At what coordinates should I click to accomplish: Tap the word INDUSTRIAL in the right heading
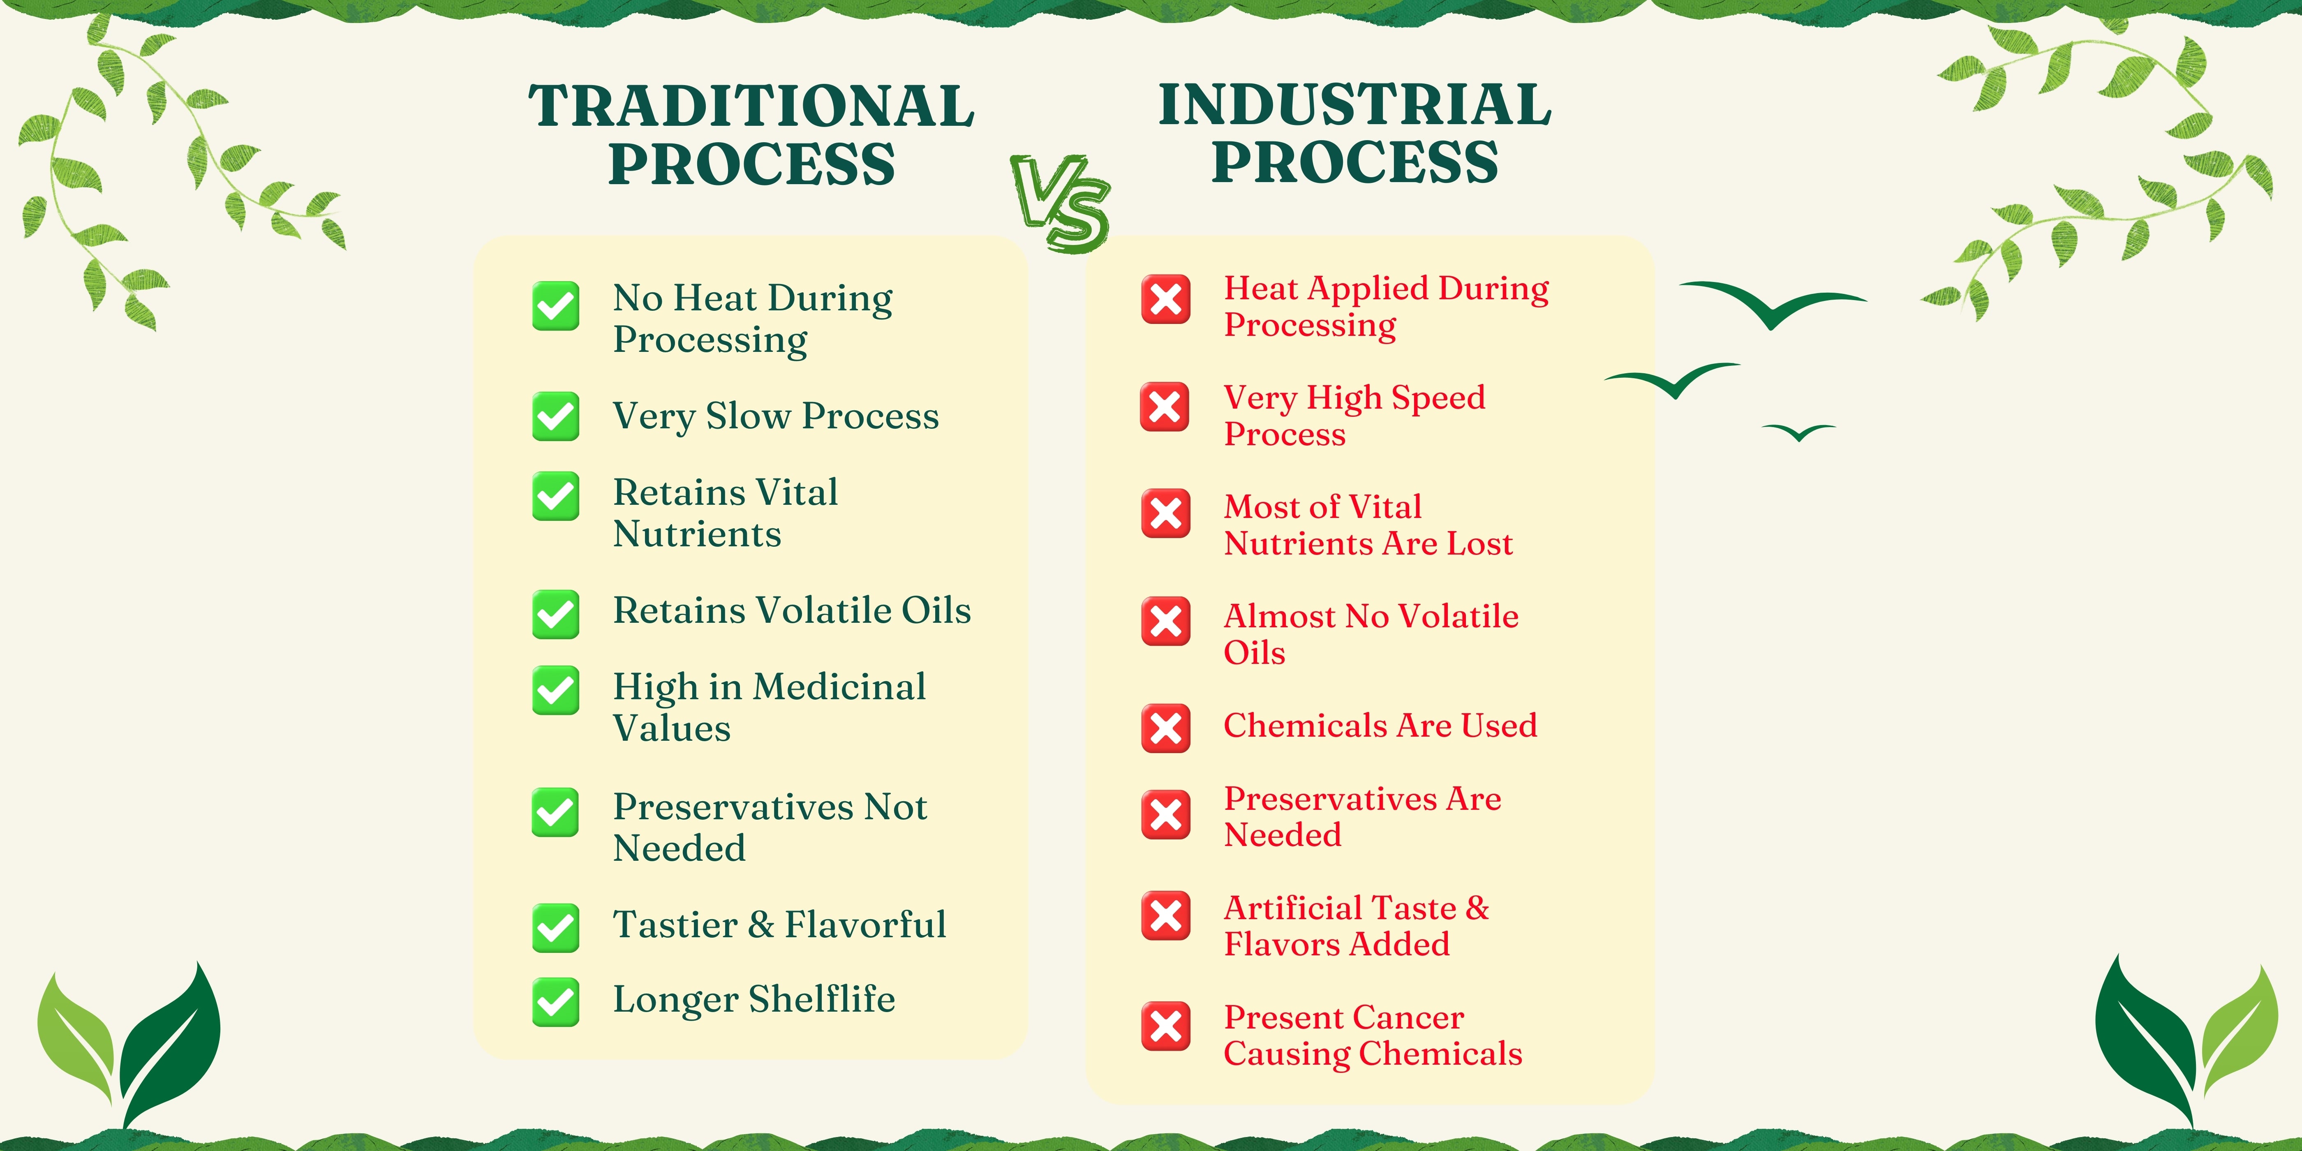1355,104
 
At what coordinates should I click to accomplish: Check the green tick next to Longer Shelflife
555,1002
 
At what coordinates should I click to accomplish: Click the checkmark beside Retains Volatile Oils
555,614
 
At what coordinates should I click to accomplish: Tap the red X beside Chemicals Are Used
1165,728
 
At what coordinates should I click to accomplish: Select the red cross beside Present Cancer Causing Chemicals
1165,1026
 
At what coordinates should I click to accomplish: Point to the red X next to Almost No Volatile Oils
1165,621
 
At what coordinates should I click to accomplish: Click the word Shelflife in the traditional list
822,999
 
